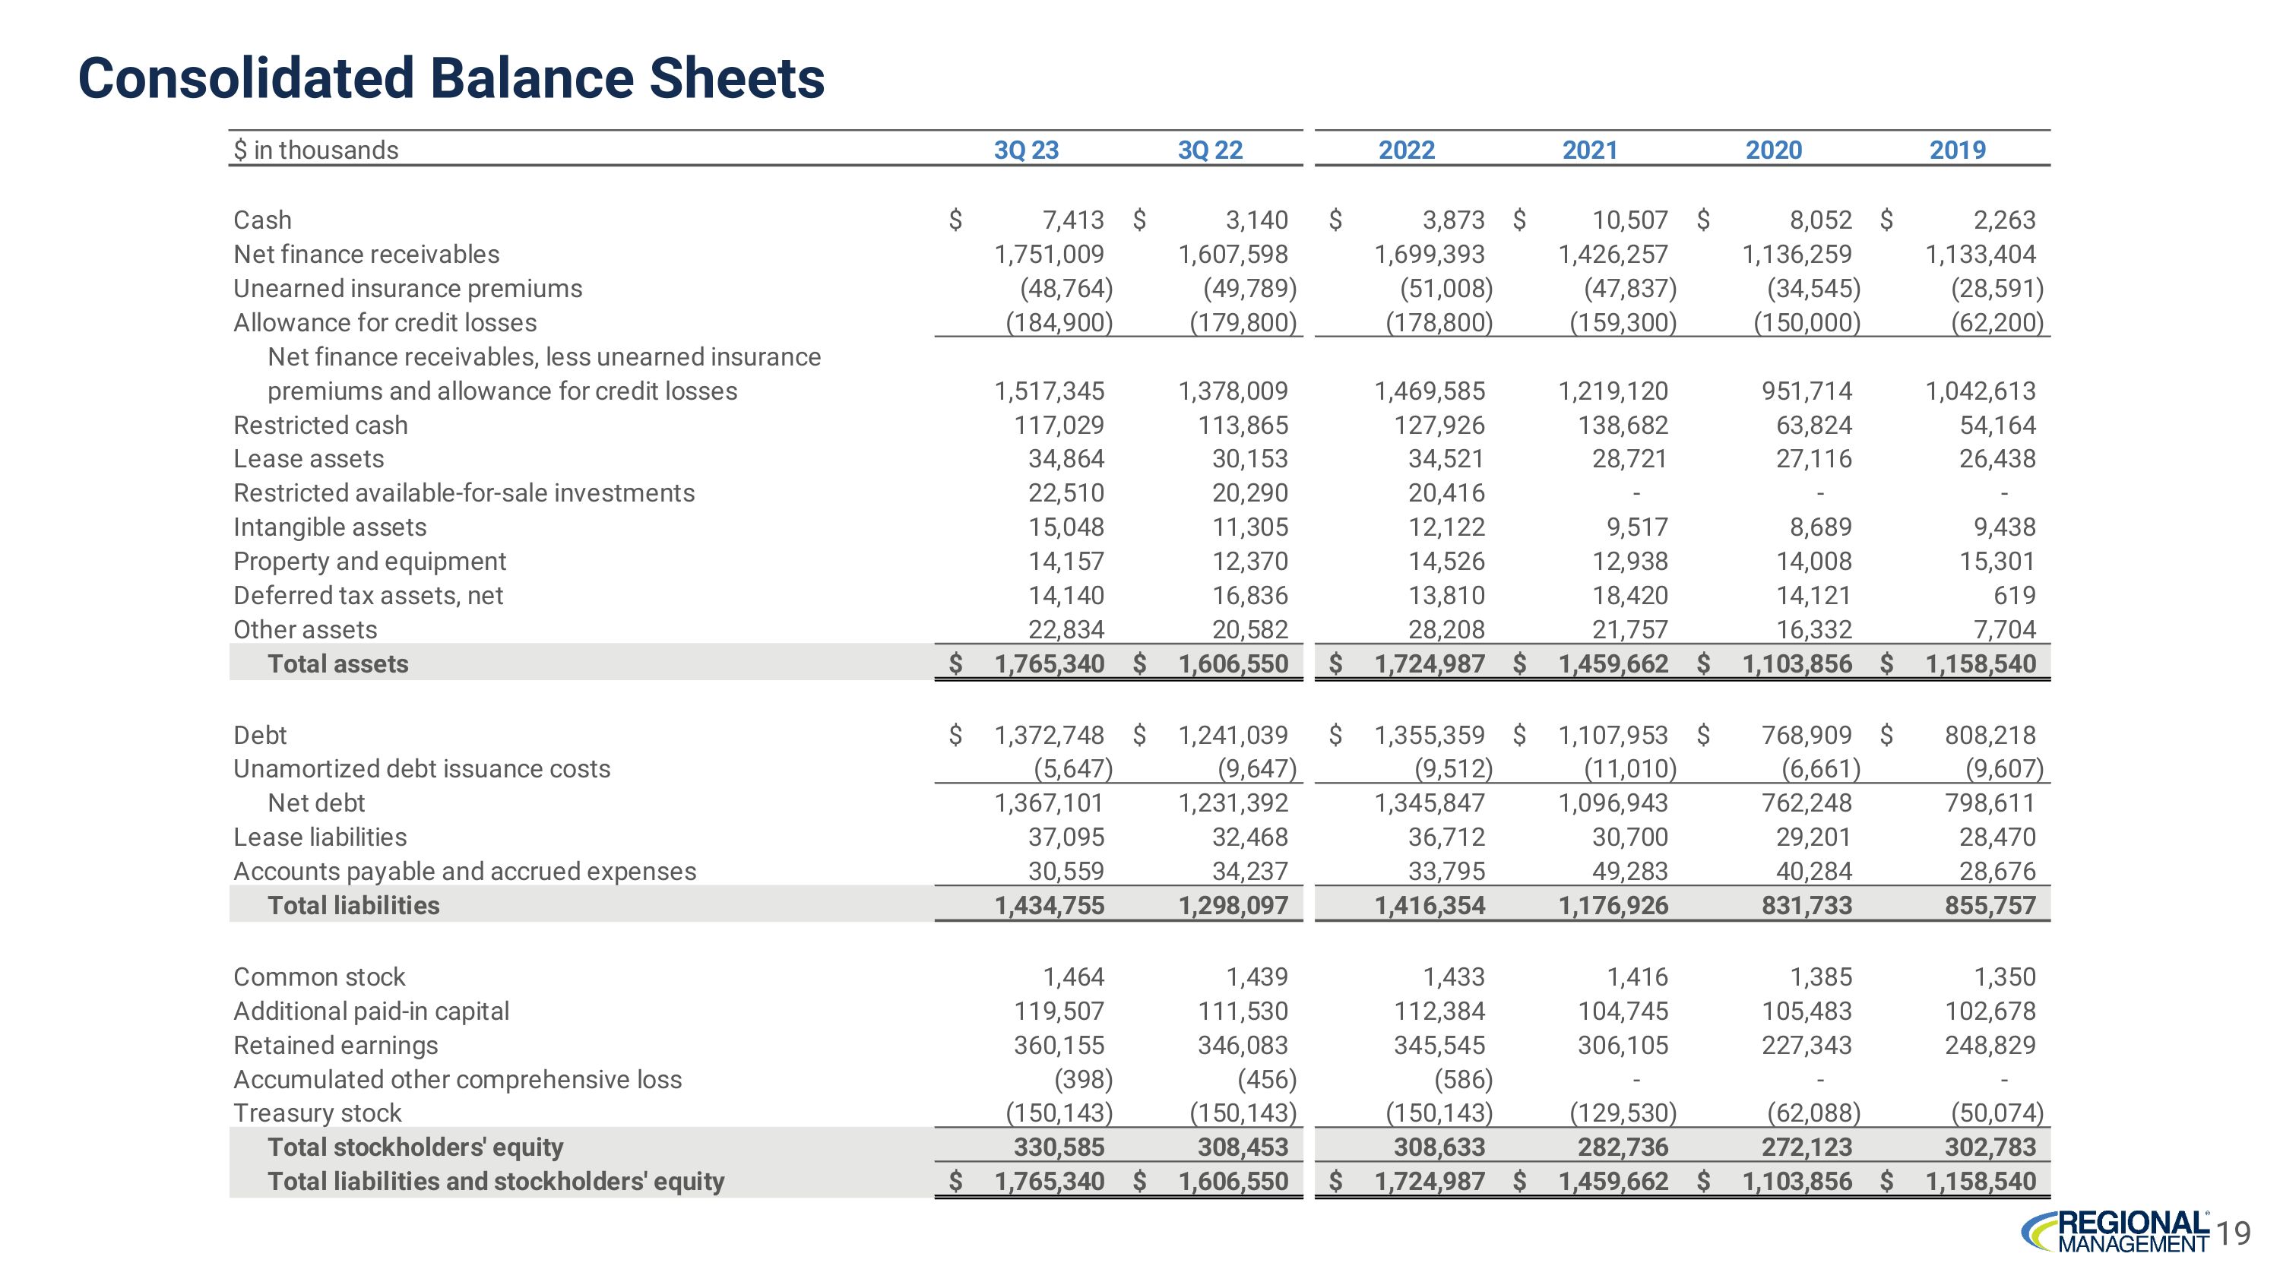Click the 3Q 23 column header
tap(1026, 150)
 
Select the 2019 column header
tap(1957, 150)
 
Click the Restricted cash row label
tap(321, 426)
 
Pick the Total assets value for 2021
tap(1613, 663)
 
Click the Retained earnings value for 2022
tap(1439, 1045)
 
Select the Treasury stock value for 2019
tap(1997, 1113)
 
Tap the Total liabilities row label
tap(353, 905)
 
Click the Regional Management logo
tap(2115, 1232)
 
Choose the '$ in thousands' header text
tap(316, 150)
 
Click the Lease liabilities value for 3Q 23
tap(1066, 837)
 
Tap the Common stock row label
tap(318, 977)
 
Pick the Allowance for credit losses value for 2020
tap(1807, 323)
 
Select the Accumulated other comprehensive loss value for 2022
tap(1463, 1079)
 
